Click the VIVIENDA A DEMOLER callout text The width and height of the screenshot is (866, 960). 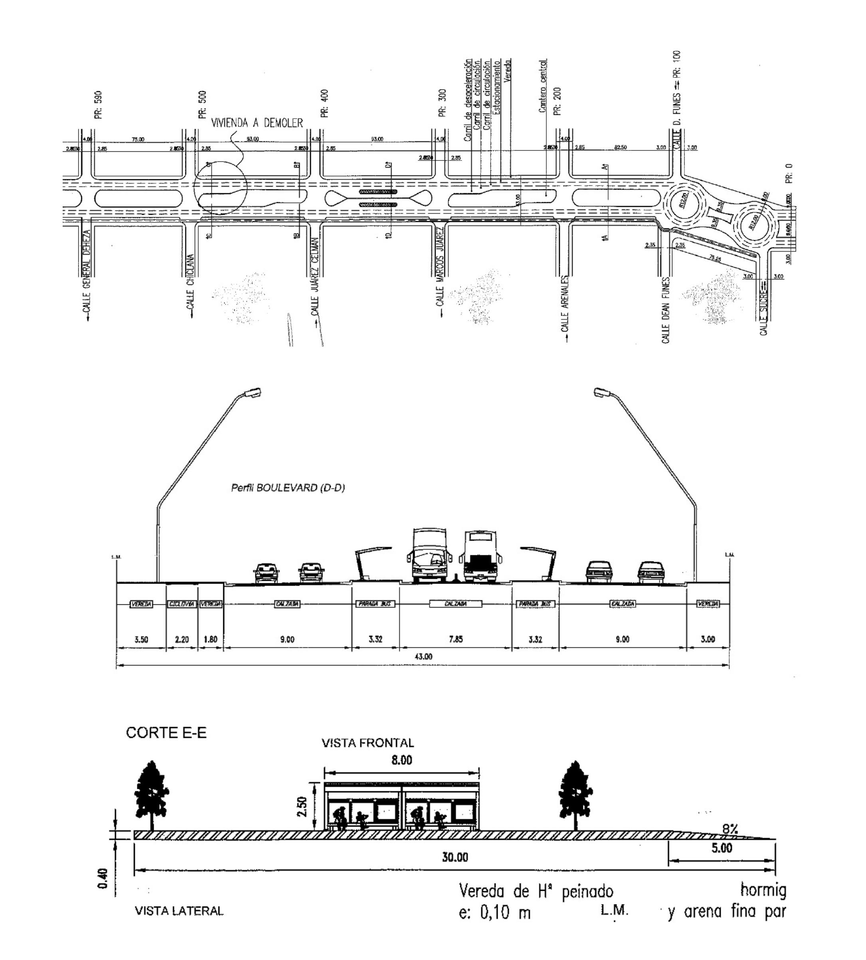pos(257,123)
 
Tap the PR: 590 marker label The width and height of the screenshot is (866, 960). pos(99,105)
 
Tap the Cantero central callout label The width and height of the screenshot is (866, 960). pos(544,86)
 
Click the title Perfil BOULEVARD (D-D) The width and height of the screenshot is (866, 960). pos(288,488)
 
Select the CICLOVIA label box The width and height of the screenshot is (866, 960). pos(182,604)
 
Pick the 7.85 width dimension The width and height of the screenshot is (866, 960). pos(455,639)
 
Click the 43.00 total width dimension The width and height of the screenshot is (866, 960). pos(423,657)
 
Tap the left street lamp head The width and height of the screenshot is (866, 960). pos(252,393)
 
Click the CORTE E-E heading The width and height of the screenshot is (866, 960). pos(166,733)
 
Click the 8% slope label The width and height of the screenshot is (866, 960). pos(730,829)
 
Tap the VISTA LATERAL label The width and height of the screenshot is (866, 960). pos(180,911)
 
